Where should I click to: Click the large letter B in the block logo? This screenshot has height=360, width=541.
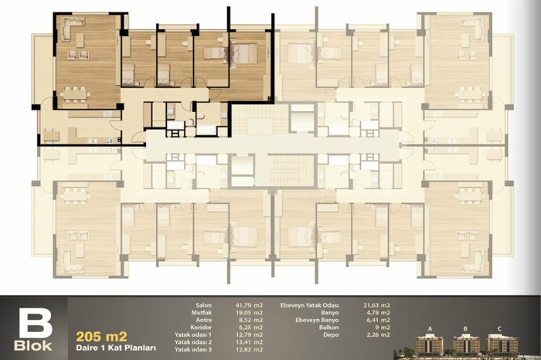pyautogui.click(x=36, y=323)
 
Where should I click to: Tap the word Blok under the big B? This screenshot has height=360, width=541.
pyautogui.click(x=33, y=346)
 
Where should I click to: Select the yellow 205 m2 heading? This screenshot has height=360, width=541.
pyautogui.click(x=101, y=336)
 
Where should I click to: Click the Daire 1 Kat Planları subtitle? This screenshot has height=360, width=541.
pyautogui.click(x=116, y=348)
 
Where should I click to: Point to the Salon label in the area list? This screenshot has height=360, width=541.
pyautogui.click(x=203, y=305)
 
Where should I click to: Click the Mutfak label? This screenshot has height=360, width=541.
pyautogui.click(x=202, y=313)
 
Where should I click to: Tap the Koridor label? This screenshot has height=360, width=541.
pyautogui.click(x=201, y=328)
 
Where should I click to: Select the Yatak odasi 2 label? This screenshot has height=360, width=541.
pyautogui.click(x=193, y=342)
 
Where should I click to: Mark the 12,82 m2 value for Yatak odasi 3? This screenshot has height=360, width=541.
pyautogui.click(x=249, y=349)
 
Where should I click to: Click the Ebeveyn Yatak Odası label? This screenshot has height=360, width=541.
pyautogui.click(x=309, y=305)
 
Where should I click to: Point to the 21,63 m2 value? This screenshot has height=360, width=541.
pyautogui.click(x=377, y=305)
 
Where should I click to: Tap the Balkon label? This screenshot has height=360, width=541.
pyautogui.click(x=328, y=328)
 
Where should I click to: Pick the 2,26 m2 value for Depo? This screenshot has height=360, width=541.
pyautogui.click(x=378, y=335)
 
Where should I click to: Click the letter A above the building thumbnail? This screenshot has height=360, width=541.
pyautogui.click(x=430, y=328)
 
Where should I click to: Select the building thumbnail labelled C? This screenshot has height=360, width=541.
pyautogui.click(x=501, y=344)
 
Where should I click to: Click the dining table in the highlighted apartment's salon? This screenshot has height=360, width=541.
pyautogui.click(x=75, y=94)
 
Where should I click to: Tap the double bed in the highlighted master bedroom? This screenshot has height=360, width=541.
pyautogui.click(x=244, y=54)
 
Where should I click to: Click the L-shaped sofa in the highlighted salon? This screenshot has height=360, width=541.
pyautogui.click(x=70, y=27)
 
